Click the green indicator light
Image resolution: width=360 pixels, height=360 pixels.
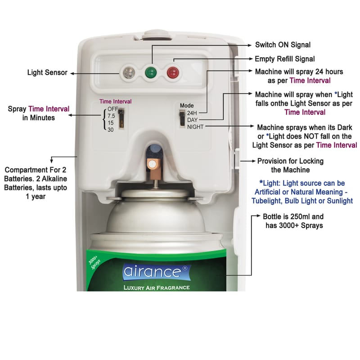(151, 72)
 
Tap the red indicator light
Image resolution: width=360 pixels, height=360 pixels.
(173, 72)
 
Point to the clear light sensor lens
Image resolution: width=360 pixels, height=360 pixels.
(129, 72)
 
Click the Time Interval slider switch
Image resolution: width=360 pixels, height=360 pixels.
(121, 118)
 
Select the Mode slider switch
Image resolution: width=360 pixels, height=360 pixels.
(182, 118)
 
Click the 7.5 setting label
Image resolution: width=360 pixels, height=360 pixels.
(111, 116)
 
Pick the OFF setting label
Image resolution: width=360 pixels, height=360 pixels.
(113, 109)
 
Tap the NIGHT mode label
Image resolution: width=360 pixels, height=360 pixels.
(195, 127)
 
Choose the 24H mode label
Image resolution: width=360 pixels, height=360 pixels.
(192, 113)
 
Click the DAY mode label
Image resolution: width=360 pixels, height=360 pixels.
(193, 120)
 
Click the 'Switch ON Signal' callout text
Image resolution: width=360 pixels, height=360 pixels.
(283, 45)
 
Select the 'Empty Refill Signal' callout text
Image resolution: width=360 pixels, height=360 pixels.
(285, 59)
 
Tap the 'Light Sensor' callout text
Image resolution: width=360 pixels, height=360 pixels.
(47, 72)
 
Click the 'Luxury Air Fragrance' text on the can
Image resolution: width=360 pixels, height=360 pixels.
(157, 288)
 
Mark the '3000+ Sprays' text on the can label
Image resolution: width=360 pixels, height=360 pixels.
(94, 262)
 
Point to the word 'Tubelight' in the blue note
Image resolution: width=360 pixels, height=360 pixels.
(266, 201)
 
